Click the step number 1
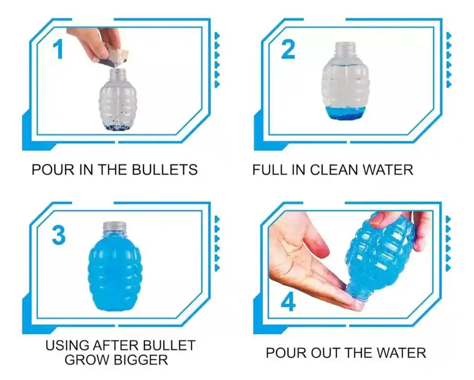click(58, 49)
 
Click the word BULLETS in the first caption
click(165, 170)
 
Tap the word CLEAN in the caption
click(334, 170)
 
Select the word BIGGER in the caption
click(142, 360)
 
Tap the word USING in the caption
click(67, 345)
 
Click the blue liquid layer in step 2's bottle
click(345, 114)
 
